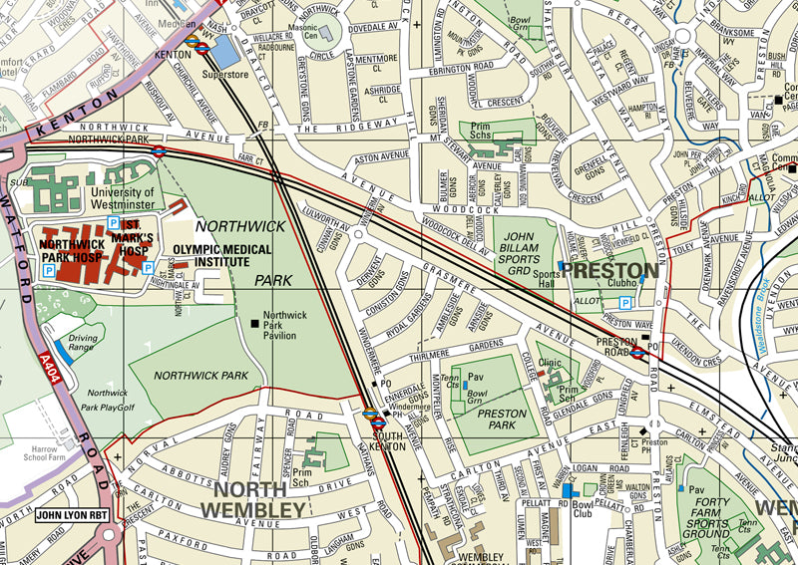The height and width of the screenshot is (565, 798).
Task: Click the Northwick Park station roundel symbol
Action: click(x=159, y=152)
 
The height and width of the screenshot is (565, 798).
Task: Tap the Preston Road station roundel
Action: click(x=636, y=352)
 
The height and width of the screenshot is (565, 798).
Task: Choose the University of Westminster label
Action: click(x=123, y=198)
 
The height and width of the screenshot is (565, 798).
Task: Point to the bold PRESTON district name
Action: click(x=609, y=270)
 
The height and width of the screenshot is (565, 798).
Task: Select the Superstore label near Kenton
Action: click(x=225, y=74)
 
